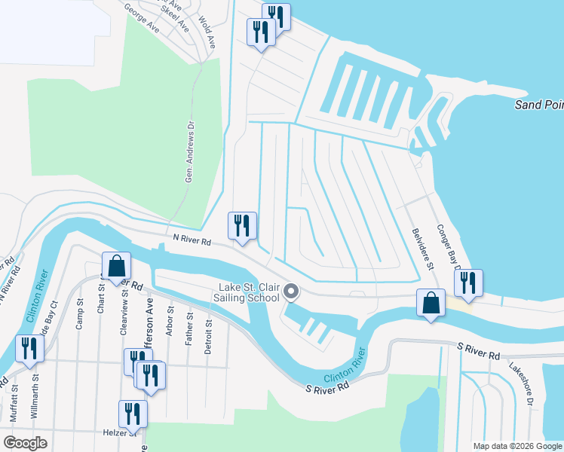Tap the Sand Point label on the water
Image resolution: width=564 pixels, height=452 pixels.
pos(538,104)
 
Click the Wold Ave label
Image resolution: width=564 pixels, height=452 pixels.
pos(207,34)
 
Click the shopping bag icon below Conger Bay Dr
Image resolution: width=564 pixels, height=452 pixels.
pos(430,304)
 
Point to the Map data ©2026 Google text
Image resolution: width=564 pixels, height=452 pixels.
pos(516,446)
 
